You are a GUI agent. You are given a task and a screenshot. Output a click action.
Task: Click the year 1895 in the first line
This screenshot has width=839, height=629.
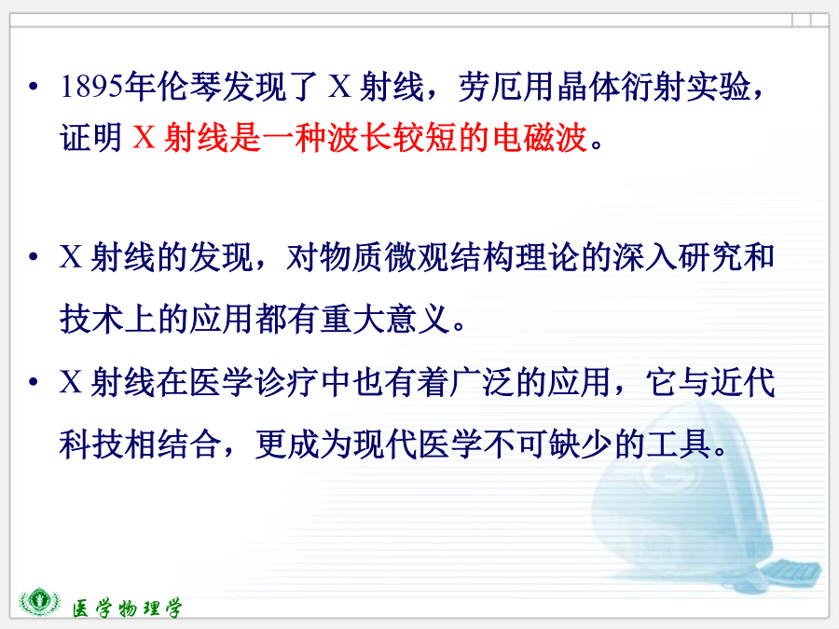click(91, 87)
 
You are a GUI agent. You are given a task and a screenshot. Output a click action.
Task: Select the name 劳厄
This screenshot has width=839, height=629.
click(490, 87)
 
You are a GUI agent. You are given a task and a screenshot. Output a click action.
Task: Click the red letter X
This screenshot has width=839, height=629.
click(144, 138)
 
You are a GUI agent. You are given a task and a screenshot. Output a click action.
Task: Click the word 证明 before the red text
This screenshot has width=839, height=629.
click(91, 138)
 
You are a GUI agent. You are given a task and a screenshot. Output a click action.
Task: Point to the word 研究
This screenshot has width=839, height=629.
click(710, 257)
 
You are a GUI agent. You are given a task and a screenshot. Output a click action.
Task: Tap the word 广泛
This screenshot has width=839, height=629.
click(483, 382)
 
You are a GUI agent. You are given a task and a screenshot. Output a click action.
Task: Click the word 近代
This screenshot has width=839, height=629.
click(743, 382)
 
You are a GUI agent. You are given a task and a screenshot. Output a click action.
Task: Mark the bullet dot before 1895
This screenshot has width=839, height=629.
click(34, 86)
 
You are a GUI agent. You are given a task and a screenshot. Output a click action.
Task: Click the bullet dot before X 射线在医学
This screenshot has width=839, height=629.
click(34, 382)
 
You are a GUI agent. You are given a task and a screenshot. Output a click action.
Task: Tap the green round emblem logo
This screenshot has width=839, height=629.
click(39, 601)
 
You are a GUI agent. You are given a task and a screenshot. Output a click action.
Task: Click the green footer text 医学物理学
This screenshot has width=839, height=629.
click(128, 608)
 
